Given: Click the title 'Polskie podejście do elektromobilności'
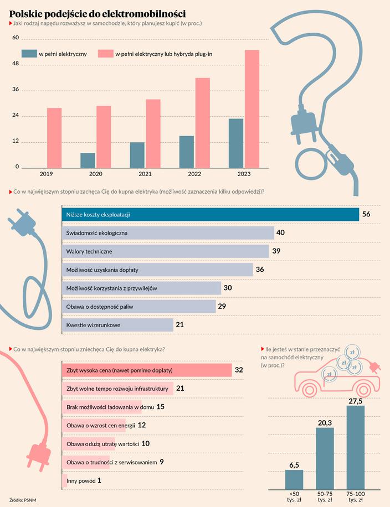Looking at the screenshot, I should (97, 13).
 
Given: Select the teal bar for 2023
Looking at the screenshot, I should (236, 143).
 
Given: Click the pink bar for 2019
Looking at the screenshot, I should (54, 138).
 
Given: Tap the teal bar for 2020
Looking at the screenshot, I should (88, 160).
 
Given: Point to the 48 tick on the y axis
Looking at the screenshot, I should (16, 64).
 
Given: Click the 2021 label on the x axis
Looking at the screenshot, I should (145, 174).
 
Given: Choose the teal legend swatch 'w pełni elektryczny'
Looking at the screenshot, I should (28, 54).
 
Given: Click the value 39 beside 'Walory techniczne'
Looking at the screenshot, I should (277, 251).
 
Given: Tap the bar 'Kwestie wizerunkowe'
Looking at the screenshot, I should (116, 325).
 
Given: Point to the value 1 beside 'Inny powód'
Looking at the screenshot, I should (99, 481).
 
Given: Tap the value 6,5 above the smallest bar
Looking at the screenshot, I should (294, 464).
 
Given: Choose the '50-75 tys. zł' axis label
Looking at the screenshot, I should (325, 496).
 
